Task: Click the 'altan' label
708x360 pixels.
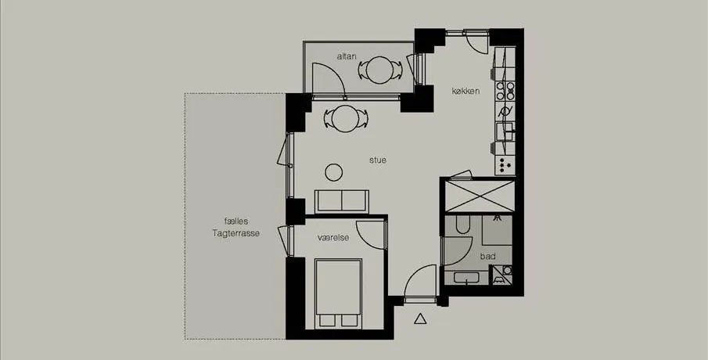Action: pos(347,56)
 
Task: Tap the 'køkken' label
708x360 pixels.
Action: pos(465,91)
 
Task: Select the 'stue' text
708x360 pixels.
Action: pos(378,160)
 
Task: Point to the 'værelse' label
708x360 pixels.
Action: pos(333,238)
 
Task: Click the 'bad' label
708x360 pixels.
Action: pos(488,256)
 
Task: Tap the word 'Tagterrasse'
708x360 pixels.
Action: pos(236,233)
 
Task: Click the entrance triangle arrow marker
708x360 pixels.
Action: pos(420,319)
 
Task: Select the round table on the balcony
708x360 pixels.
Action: pos(379,70)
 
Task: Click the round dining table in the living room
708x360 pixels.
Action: pos(346,119)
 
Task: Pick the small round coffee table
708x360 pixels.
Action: pos(334,172)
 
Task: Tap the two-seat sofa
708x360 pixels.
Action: pos(342,201)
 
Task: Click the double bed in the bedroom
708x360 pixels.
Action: pos(339,293)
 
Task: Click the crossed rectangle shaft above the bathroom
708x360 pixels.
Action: pos(480,196)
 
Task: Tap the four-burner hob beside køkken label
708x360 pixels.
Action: pos(505,90)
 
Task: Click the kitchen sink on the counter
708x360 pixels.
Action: pos(505,131)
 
